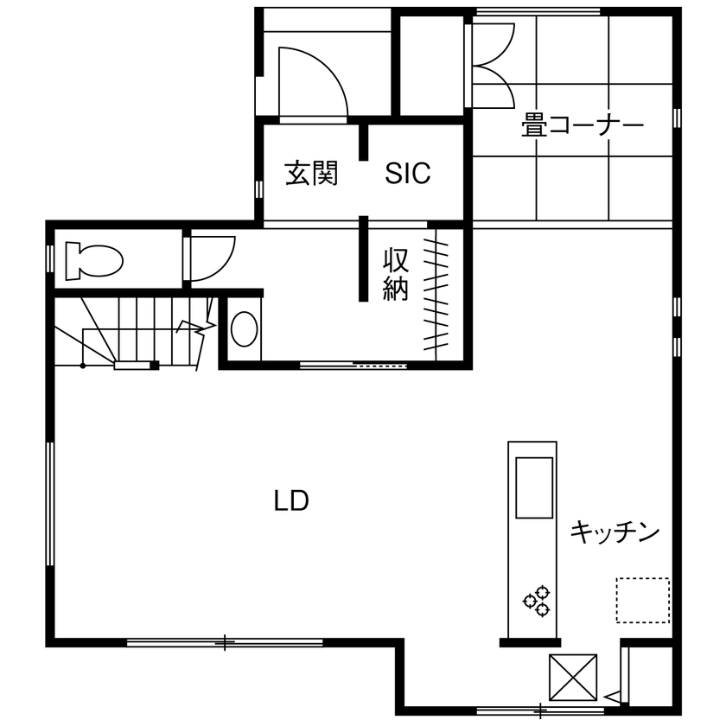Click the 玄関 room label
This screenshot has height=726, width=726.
310,174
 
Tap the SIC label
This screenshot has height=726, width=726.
407,174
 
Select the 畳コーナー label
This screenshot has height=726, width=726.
583,127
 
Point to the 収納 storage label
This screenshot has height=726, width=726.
395,274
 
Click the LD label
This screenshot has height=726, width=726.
292,500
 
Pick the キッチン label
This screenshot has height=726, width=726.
615,532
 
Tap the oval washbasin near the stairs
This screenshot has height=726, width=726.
245,329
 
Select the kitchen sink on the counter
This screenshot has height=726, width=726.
533,487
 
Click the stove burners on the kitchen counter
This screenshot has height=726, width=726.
536,601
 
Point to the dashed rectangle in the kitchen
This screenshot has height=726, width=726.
642,601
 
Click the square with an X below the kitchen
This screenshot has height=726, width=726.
573,677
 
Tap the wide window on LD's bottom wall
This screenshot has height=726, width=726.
225,642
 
